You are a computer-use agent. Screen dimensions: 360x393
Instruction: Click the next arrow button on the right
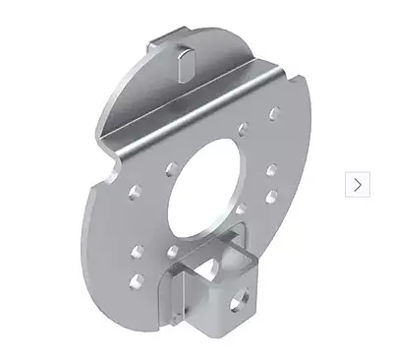pos(357,184)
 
